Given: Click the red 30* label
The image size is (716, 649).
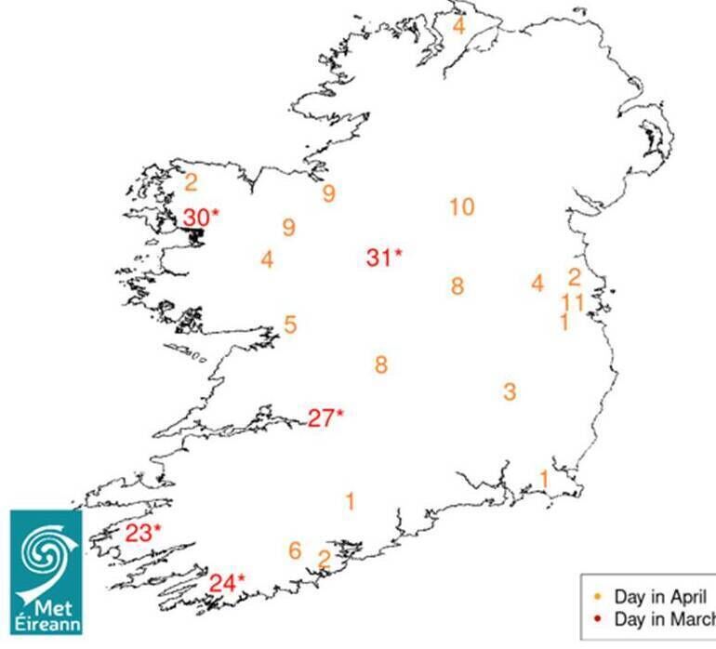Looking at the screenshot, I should pos(200,218).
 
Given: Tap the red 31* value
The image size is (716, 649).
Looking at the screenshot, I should pos(384,258).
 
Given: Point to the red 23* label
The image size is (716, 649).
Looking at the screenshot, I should pos(143,534).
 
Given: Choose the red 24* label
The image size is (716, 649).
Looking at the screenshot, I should pos(227,583).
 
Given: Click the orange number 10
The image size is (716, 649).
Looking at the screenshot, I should pos(461,206).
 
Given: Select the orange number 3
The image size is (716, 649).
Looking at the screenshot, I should pos(510,391).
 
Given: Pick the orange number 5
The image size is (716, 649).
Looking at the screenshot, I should pos(290,325).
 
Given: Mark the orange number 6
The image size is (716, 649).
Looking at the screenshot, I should pos(295,550).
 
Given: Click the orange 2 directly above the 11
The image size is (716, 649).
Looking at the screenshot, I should pos(575,277).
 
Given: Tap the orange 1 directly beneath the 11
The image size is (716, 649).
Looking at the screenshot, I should pos(564,323).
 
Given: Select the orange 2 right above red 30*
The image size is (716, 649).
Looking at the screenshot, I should pos(192,182).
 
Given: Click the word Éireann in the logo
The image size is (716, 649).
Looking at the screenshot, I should pos(47,624).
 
